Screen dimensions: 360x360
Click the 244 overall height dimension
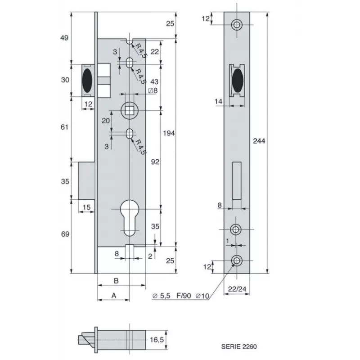(259, 141)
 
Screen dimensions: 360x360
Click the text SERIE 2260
(240, 347)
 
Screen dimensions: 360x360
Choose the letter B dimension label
(116, 281)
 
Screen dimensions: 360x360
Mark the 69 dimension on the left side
(64, 235)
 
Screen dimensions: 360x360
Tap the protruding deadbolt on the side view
(87, 180)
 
